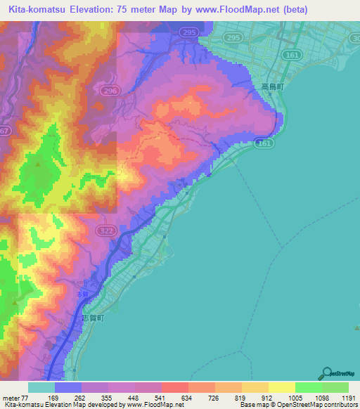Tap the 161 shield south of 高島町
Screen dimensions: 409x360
pyautogui.click(x=263, y=143)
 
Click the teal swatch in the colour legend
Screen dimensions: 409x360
pyautogui.click(x=41, y=387)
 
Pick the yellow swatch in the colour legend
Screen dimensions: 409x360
pyautogui.click(x=281, y=387)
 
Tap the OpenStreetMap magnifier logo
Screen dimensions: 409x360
pyautogui.click(x=327, y=373)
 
